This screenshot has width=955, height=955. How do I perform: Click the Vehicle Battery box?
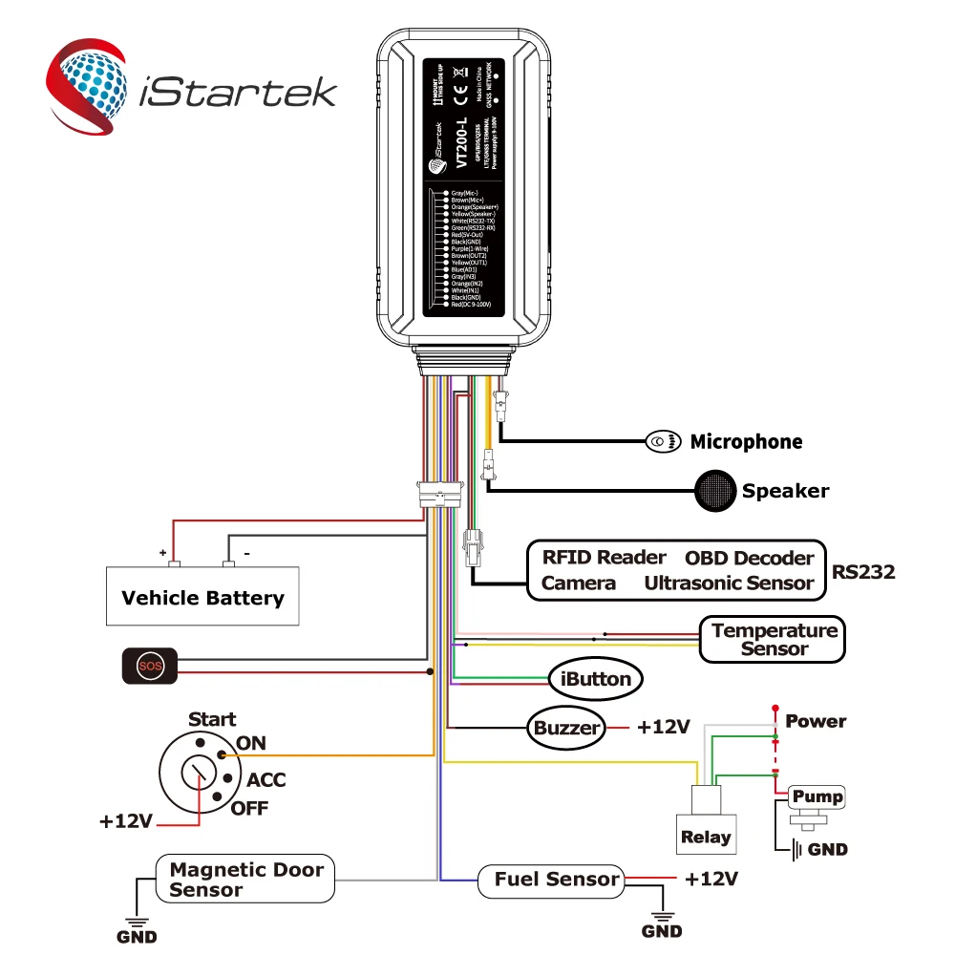[x=202, y=599]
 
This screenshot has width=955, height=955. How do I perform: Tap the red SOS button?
[x=148, y=666]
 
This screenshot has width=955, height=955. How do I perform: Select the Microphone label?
[x=746, y=441]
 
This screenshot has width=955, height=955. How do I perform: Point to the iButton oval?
[x=593, y=679]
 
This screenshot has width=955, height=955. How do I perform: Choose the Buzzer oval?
[x=566, y=728]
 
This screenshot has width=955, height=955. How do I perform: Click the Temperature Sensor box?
[x=774, y=640]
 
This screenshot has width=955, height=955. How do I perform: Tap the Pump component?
[x=816, y=796]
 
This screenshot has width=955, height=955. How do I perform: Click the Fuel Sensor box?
[x=557, y=879]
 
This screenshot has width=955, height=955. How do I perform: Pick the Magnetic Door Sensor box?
[x=245, y=879]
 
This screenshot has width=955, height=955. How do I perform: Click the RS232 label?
[x=863, y=572]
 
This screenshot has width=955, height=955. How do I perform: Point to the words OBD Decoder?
[x=749, y=558]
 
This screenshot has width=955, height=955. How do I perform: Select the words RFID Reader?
[x=604, y=557]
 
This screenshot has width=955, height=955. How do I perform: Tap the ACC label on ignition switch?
[x=266, y=780]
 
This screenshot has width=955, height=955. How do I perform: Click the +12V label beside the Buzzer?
[x=663, y=727]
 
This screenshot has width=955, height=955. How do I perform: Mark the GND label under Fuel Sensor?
[x=662, y=931]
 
